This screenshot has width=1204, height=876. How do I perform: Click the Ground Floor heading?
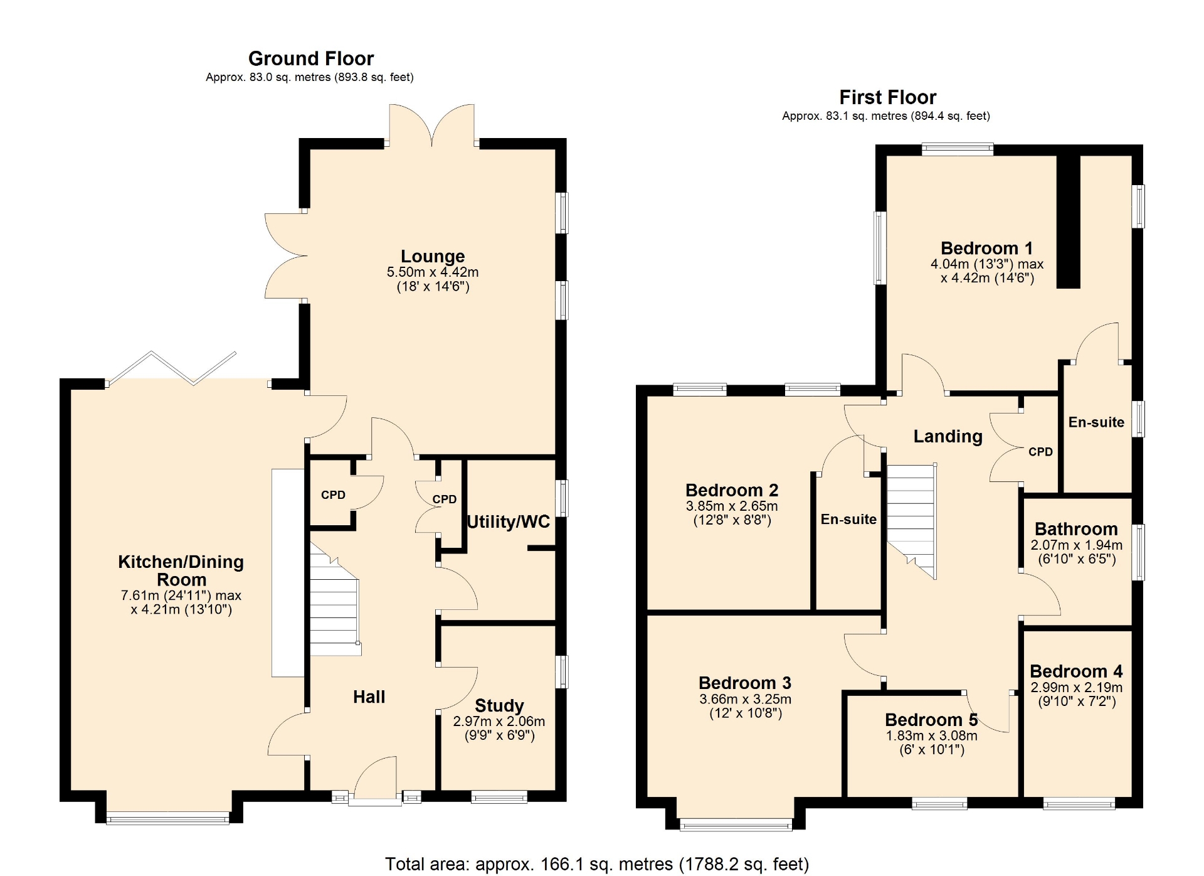[311, 58]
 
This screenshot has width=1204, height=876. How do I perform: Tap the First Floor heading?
[887, 97]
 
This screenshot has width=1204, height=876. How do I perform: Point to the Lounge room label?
[433, 256]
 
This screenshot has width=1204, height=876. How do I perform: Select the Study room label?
[499, 705]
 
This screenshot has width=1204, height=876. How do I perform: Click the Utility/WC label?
[509, 521]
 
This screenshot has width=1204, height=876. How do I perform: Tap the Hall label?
[369, 697]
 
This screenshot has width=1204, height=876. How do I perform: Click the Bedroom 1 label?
[986, 248]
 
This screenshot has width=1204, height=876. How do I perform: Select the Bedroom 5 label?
[931, 719]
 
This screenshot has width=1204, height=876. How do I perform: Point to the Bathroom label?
[1076, 529]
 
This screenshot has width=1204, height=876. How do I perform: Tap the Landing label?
[948, 436]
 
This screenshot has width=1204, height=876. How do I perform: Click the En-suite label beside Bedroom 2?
[848, 519]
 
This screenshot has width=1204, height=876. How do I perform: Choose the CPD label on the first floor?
[1040, 452]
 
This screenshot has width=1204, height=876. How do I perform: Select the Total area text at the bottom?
[597, 864]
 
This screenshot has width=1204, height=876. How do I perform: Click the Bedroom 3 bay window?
[736, 825]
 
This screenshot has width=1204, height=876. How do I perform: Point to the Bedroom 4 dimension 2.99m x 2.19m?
[1077, 687]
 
